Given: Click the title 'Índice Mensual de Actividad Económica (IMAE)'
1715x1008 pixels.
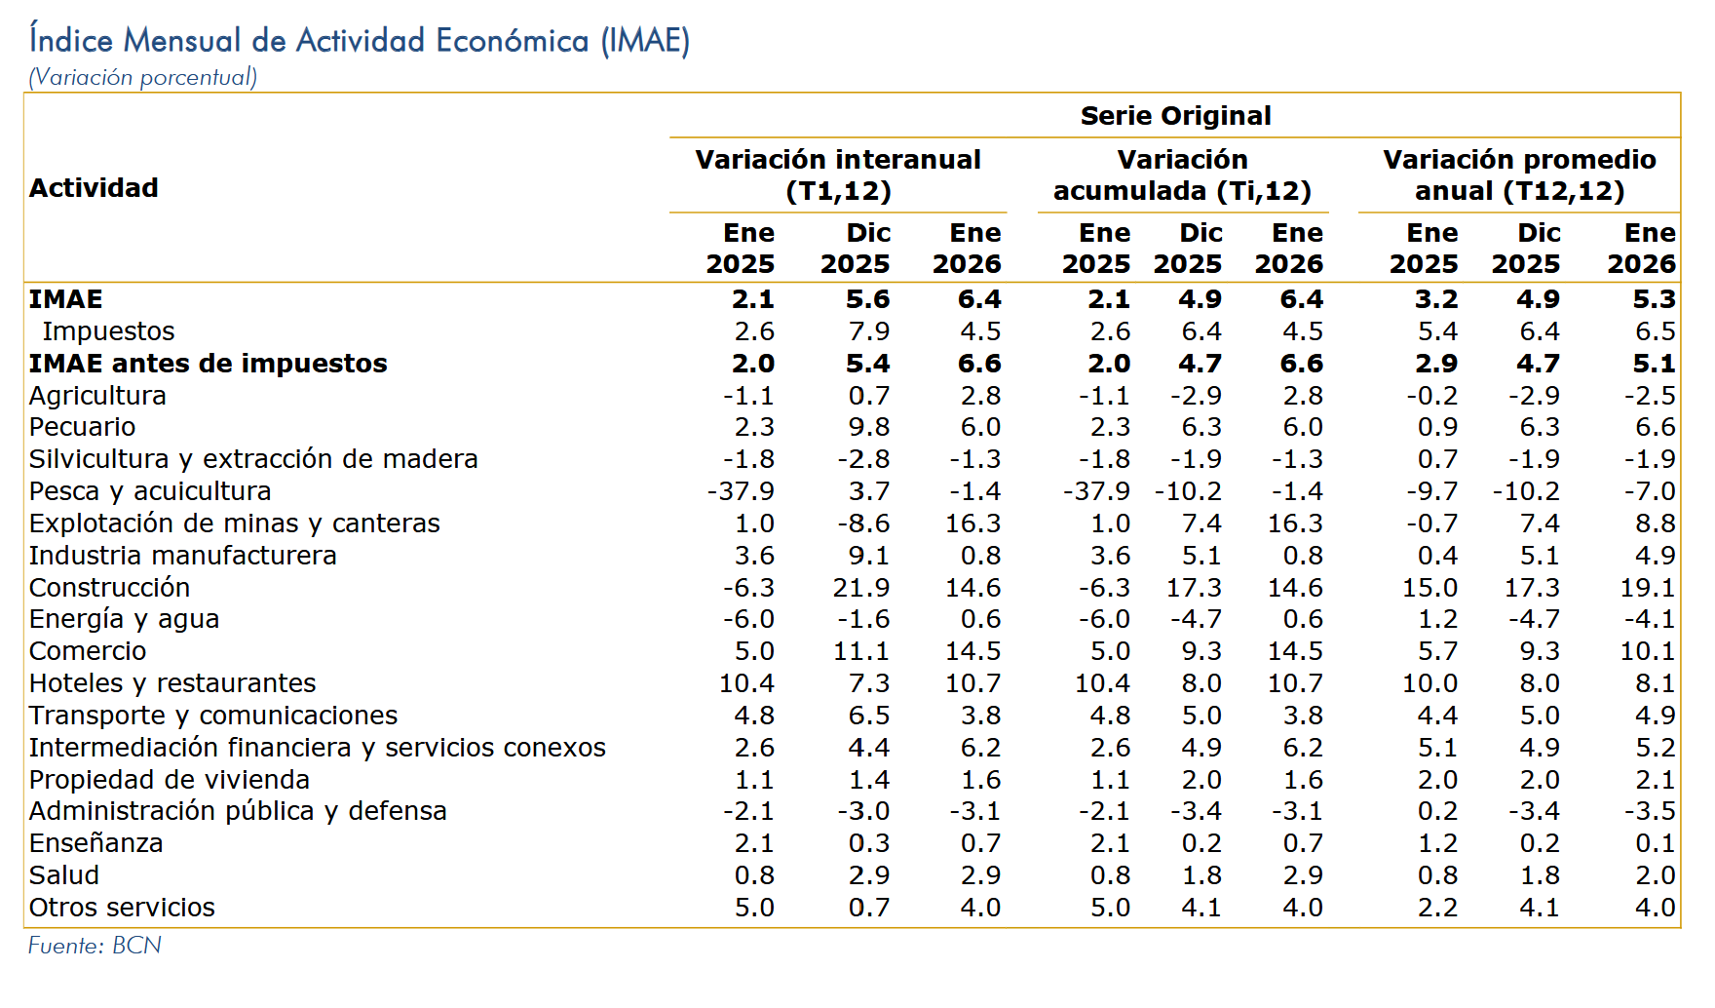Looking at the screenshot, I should (x=359, y=41).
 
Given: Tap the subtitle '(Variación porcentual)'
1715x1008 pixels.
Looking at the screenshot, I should (x=143, y=77).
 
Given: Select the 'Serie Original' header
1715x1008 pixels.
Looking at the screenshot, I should (x=1175, y=116).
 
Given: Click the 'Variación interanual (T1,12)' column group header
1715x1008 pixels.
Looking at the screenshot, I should (x=838, y=175).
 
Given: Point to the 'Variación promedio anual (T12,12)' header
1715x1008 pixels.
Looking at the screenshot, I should (x=1519, y=175).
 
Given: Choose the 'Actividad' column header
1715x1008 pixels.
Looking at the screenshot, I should (x=94, y=188).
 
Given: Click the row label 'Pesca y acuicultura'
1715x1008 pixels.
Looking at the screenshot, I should (x=150, y=491).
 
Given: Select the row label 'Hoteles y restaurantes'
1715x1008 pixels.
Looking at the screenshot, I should (x=172, y=683).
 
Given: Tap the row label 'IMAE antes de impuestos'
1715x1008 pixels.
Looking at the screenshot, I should (x=208, y=364).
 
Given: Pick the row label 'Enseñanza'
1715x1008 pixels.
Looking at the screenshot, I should (x=95, y=843).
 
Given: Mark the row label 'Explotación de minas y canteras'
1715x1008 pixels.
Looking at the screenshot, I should (x=234, y=523).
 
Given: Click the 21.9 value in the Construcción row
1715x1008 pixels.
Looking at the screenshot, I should (x=861, y=588).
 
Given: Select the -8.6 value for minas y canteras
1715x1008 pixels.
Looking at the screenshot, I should (x=863, y=523).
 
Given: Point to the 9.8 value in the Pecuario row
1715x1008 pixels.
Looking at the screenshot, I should (x=868, y=427).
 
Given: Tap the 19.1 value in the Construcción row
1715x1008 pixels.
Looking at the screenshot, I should (x=1647, y=588).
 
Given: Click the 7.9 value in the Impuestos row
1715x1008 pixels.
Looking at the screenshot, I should (x=868, y=331).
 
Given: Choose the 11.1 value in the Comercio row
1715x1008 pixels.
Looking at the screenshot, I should (x=861, y=651).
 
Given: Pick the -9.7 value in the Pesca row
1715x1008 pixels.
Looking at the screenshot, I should (x=1431, y=491).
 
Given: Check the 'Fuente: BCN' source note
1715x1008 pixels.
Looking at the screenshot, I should (x=95, y=946).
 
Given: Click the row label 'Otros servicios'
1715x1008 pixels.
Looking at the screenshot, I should (x=122, y=908).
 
